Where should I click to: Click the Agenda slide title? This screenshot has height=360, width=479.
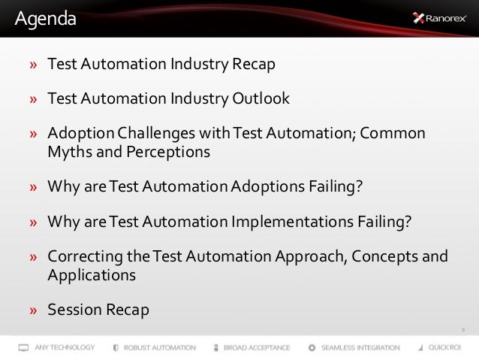click(46, 18)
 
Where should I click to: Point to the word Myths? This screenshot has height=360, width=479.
click(68, 151)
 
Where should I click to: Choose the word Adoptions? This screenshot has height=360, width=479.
click(267, 186)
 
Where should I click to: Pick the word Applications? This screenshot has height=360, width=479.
click(92, 274)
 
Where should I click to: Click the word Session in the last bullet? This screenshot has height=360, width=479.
click(74, 310)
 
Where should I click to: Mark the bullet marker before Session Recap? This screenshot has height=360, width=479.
click(34, 310)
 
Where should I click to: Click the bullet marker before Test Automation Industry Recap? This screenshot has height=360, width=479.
click(34, 65)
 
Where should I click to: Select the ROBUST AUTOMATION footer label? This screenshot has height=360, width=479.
click(160, 348)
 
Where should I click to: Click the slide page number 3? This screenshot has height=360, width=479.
click(463, 330)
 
